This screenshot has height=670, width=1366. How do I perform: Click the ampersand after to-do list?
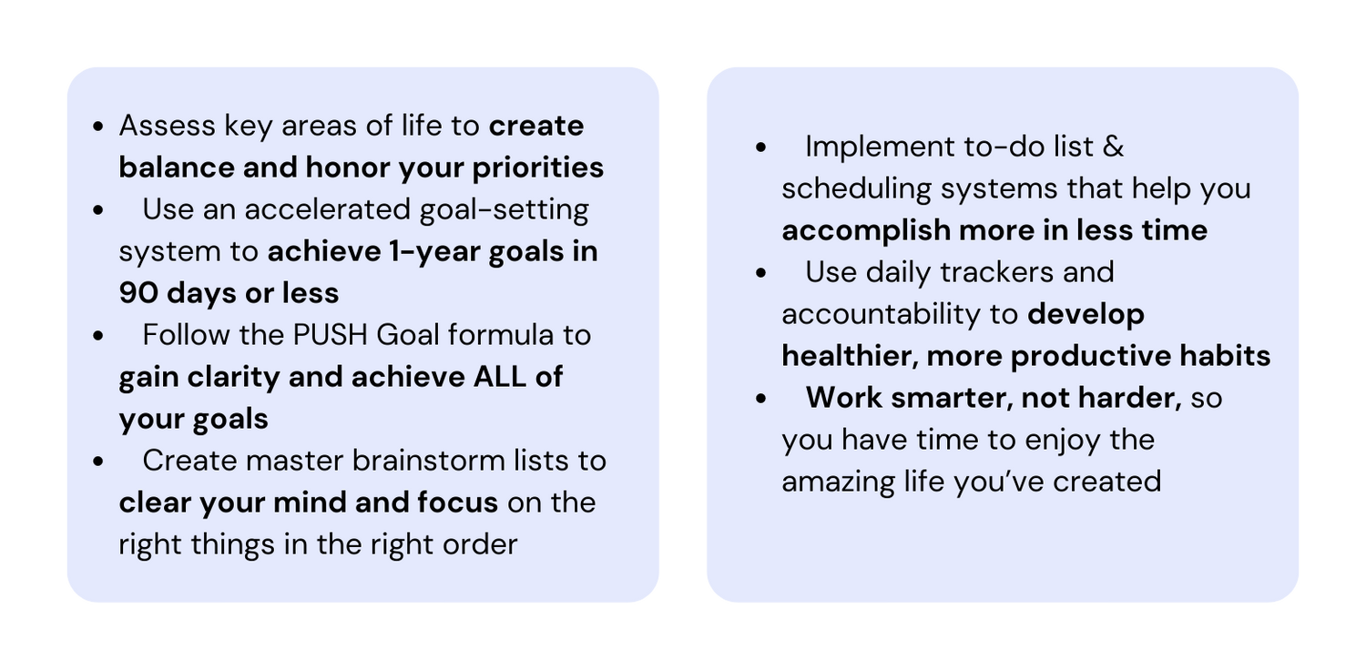[1113, 147]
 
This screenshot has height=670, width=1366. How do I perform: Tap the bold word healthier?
[846, 356]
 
